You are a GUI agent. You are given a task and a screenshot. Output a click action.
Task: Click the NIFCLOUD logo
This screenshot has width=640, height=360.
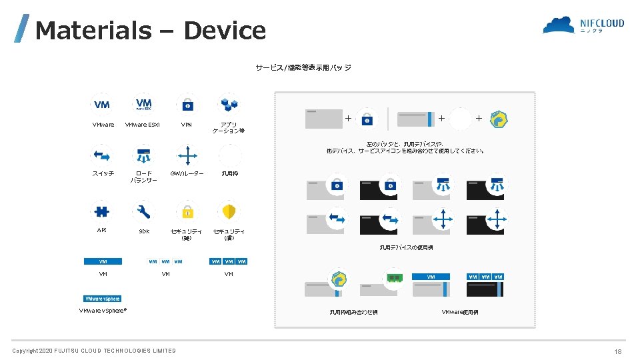(583, 25)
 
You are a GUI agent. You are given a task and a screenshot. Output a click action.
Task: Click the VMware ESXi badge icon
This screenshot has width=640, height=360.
(144, 104)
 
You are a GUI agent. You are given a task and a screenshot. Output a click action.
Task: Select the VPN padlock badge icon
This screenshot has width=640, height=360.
(188, 104)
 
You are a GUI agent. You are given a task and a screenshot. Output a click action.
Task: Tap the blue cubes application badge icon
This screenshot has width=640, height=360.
(229, 104)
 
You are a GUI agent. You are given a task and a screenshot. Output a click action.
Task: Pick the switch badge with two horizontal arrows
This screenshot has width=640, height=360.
(102, 155)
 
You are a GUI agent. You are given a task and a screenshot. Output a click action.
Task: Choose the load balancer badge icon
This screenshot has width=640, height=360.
(144, 155)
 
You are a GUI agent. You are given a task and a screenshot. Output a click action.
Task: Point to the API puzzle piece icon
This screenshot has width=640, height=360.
(102, 211)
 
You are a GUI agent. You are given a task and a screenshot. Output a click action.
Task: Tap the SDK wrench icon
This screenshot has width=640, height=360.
(144, 212)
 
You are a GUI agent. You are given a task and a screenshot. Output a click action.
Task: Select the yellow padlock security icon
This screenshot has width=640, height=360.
(188, 212)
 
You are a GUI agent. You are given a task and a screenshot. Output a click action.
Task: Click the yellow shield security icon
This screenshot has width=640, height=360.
(229, 212)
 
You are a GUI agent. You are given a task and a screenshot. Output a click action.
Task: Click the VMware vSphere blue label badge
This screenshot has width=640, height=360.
(102, 299)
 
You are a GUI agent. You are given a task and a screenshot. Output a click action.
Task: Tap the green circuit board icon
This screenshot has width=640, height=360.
(395, 277)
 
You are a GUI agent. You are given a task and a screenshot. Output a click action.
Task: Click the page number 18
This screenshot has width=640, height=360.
(618, 351)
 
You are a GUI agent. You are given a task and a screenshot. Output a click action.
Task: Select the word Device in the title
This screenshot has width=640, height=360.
(225, 31)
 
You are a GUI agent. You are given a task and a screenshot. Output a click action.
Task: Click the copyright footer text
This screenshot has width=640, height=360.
(94, 351)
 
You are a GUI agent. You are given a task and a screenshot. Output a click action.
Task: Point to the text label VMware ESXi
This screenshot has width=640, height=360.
(144, 125)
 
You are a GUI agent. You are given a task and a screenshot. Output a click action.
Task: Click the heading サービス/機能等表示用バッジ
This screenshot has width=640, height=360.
(303, 67)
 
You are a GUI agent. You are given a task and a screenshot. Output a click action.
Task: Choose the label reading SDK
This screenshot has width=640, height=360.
(144, 231)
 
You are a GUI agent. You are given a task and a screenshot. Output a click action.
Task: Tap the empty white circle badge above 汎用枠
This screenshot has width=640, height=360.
(229, 155)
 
